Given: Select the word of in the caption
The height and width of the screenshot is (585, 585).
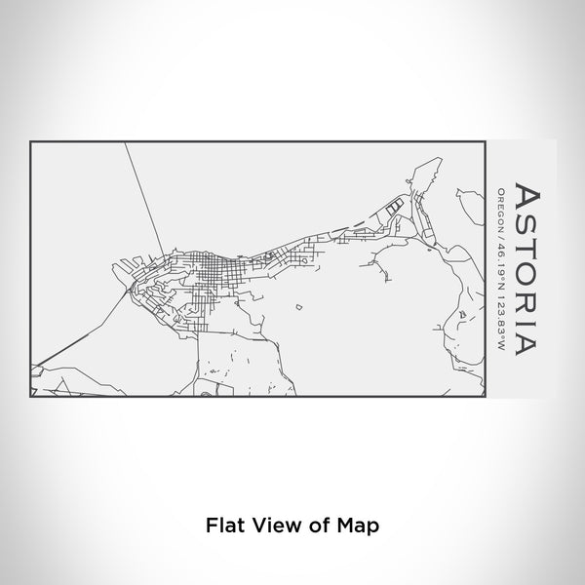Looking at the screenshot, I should coord(316,524).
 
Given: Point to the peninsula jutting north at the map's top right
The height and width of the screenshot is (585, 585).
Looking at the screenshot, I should coord(421,179).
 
